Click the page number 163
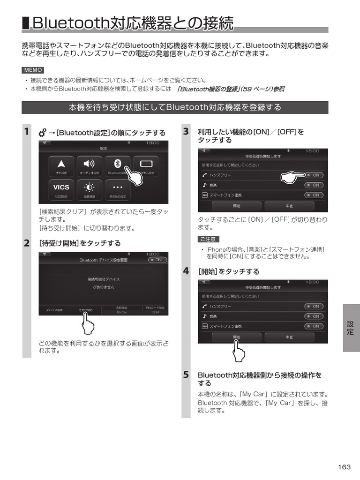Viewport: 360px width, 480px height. (344, 466)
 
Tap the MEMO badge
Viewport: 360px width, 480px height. (33, 70)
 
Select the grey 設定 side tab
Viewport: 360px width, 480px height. (351, 328)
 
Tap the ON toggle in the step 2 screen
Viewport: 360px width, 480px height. (157, 259)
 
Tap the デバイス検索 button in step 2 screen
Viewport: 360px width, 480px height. (54, 310)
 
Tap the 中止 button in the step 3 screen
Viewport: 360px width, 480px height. (290, 206)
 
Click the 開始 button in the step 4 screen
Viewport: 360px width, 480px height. (237, 337)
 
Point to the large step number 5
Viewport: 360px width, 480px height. (186, 375)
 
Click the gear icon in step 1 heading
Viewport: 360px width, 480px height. (42, 133)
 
